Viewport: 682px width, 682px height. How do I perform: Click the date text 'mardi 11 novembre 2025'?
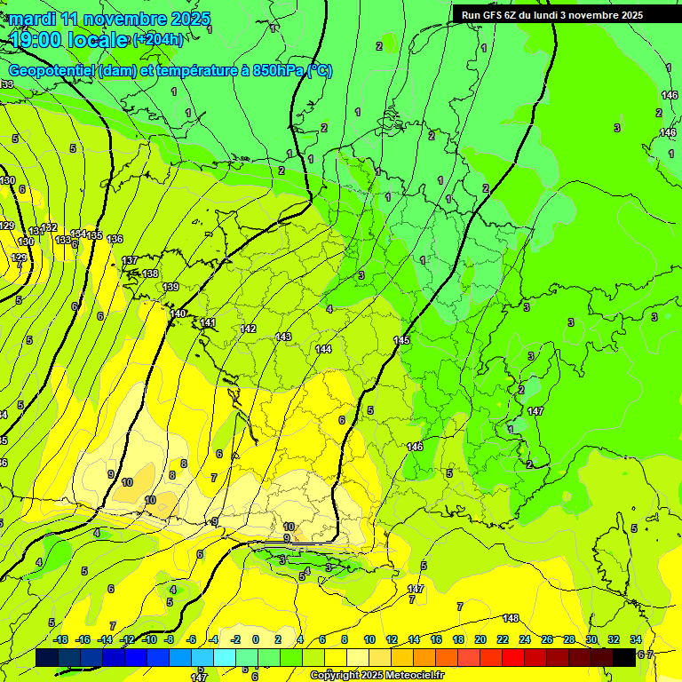(x=110, y=19)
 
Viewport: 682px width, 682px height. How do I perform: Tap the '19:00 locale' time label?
(x=69, y=40)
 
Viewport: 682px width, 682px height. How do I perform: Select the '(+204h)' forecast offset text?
(x=159, y=39)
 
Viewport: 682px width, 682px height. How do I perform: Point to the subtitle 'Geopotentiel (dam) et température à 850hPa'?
(x=170, y=71)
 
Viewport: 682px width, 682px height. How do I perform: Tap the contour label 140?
(x=178, y=314)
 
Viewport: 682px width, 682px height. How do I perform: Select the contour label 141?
(x=208, y=322)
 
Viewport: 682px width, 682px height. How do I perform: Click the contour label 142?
(x=248, y=329)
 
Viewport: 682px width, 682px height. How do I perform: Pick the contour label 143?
(x=283, y=337)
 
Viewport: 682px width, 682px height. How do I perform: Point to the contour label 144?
(x=323, y=349)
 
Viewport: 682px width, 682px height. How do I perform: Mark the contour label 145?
(x=401, y=341)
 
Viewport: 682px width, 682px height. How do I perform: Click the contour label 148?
(x=511, y=618)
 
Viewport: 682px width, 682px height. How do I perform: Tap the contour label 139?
(x=170, y=287)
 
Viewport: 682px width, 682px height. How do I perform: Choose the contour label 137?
(x=130, y=260)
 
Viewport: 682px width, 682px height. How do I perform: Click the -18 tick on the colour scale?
(x=60, y=639)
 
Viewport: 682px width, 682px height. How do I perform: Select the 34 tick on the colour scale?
(x=636, y=639)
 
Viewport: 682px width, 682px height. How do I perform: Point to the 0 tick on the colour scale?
(x=256, y=639)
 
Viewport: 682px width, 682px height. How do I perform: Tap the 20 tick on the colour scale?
(x=480, y=639)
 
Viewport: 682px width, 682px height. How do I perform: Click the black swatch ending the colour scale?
(x=624, y=657)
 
